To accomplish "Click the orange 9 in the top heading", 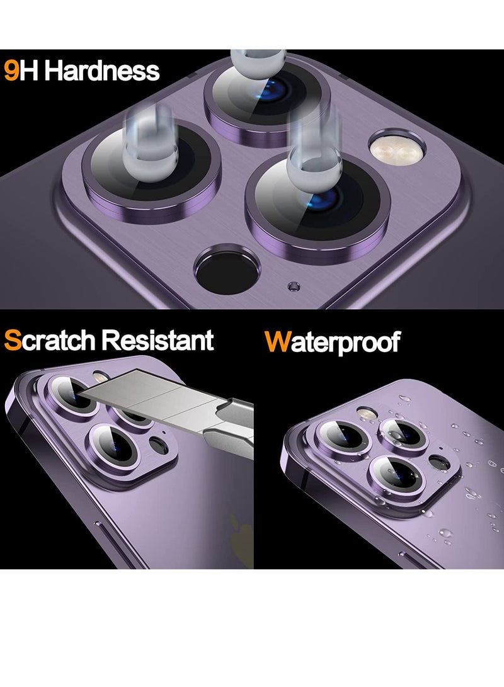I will [x=11, y=71].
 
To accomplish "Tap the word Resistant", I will [x=157, y=341].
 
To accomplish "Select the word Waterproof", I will [x=332, y=342].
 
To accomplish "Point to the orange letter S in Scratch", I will [x=13, y=341].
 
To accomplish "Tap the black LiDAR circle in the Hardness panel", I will [x=227, y=271].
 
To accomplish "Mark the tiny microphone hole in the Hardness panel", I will [x=291, y=287].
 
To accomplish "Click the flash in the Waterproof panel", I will [x=365, y=413].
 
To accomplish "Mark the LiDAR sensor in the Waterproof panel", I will [x=438, y=463].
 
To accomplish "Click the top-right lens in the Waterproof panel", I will [x=404, y=430].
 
